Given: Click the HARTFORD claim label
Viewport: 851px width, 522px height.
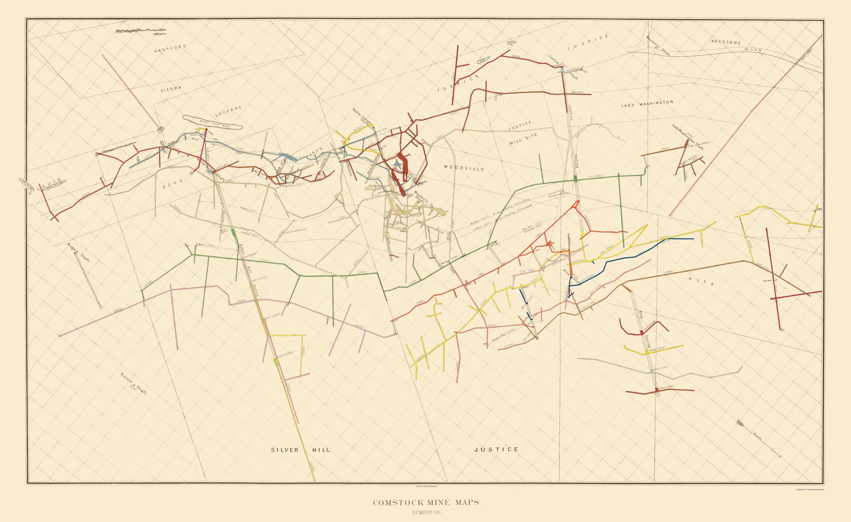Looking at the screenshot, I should point(170,49).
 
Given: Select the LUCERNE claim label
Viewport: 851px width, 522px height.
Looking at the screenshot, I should point(228,111).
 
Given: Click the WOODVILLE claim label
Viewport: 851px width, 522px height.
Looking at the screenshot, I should point(464,168).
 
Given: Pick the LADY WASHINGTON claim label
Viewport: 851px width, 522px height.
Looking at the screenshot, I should point(647,104).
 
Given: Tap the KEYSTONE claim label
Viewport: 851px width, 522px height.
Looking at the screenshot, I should point(726,42).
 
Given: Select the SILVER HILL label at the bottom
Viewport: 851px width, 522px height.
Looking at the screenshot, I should point(300,450).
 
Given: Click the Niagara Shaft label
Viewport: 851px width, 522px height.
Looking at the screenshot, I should point(78,252).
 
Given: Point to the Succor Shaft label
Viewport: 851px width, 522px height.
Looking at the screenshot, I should point(133,384).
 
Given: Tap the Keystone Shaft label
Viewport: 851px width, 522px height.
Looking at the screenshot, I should point(658,46).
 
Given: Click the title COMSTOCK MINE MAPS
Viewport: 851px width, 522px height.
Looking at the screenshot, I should point(427,502).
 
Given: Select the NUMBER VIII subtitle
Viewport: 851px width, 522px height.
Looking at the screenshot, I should point(427,512).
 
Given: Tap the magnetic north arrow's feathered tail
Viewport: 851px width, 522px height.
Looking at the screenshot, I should point(740,432).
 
